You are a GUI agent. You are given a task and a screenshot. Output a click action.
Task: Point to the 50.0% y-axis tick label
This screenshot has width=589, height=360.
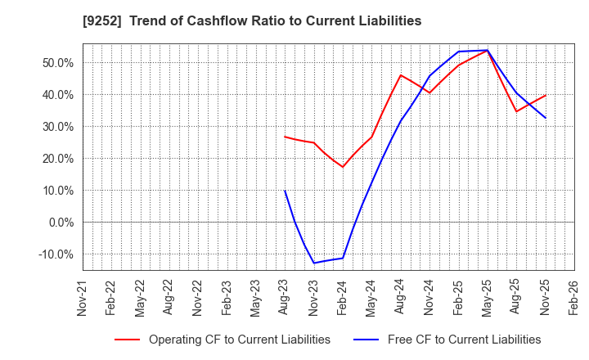pyautogui.click(x=57, y=63)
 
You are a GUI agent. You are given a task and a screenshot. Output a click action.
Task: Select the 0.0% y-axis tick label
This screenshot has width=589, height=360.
pyautogui.click(x=61, y=223)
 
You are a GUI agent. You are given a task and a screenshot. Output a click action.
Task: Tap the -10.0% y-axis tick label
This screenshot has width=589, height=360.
pyautogui.click(x=56, y=254)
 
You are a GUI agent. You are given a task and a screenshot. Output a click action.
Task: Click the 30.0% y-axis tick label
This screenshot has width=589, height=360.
pyautogui.click(x=57, y=127)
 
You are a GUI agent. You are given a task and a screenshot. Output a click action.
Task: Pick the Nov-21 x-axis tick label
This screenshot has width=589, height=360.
pyautogui.click(x=83, y=298)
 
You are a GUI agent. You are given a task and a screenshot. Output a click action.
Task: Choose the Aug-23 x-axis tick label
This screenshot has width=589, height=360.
pyautogui.click(x=285, y=298)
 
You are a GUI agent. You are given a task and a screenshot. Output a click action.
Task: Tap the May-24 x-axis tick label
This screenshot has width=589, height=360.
pyautogui.click(x=371, y=298)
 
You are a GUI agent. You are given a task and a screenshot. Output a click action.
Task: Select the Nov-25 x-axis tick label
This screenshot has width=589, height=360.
pyautogui.click(x=545, y=298)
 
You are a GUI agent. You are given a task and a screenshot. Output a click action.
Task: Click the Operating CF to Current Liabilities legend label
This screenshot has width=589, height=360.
pyautogui.click(x=240, y=340)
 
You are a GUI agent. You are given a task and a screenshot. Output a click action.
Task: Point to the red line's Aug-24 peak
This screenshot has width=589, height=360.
pyautogui.click(x=401, y=75)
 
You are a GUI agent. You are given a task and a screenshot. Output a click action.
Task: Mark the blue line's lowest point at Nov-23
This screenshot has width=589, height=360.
pyautogui.click(x=314, y=263)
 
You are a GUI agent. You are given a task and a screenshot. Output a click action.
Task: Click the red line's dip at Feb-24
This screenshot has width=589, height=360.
pyautogui.click(x=343, y=167)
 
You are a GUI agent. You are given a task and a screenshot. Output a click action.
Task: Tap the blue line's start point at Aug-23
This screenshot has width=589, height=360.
pyautogui.click(x=285, y=191)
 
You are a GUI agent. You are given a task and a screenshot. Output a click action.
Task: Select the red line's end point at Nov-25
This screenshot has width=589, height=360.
pyautogui.click(x=546, y=95)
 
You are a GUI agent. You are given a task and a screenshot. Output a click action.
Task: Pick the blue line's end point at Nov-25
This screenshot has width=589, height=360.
pyautogui.click(x=546, y=118)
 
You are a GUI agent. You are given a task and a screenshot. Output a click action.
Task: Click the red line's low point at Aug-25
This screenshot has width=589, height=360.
pyautogui.click(x=516, y=111)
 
